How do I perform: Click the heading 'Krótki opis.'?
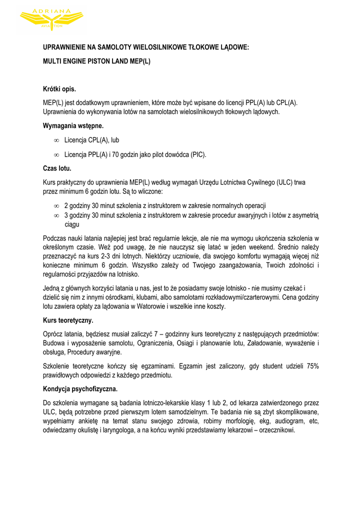[59, 89]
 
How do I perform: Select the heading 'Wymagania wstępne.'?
[73, 126]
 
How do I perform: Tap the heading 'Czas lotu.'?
[57, 168]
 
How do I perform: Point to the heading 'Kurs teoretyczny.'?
[68, 320]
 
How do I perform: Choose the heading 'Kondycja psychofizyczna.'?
[80, 388]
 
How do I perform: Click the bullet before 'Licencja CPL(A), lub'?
[56, 140]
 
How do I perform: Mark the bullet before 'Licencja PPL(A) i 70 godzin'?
[56, 155]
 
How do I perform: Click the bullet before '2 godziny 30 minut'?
[56, 206]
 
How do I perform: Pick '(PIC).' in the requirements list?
[197, 155]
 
